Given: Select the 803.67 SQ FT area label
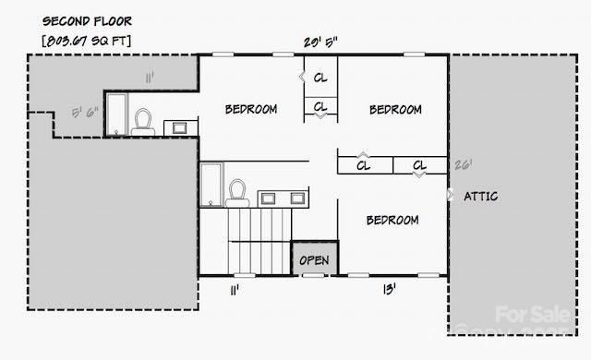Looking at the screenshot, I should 87,41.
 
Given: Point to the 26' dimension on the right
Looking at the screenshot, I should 463,165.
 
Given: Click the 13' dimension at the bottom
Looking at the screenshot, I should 390,290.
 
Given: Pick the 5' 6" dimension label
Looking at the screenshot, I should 85,114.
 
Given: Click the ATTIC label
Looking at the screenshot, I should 481,196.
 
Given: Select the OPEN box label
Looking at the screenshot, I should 314,260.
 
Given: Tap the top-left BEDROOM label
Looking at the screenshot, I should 250,109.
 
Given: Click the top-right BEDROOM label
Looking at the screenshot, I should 395,110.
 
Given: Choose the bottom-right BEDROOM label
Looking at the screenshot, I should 392,220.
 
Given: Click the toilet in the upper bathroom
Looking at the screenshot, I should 143,120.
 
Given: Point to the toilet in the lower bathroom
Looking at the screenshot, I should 236,191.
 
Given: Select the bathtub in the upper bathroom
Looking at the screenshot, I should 116,113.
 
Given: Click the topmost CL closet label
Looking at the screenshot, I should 320,78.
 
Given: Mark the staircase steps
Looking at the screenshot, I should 259,238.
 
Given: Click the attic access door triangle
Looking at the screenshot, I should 450,196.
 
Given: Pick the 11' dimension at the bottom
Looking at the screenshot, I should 235,290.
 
